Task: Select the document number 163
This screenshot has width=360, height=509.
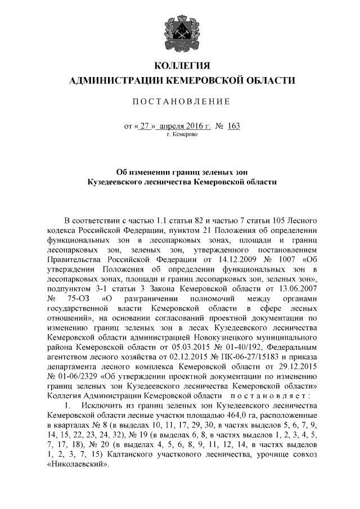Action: click(x=233, y=126)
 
